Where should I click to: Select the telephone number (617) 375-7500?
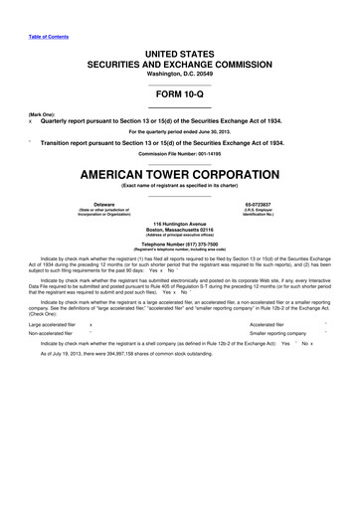180,244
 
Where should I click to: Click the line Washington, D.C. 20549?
180,74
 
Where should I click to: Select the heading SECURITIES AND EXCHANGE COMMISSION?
180,62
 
